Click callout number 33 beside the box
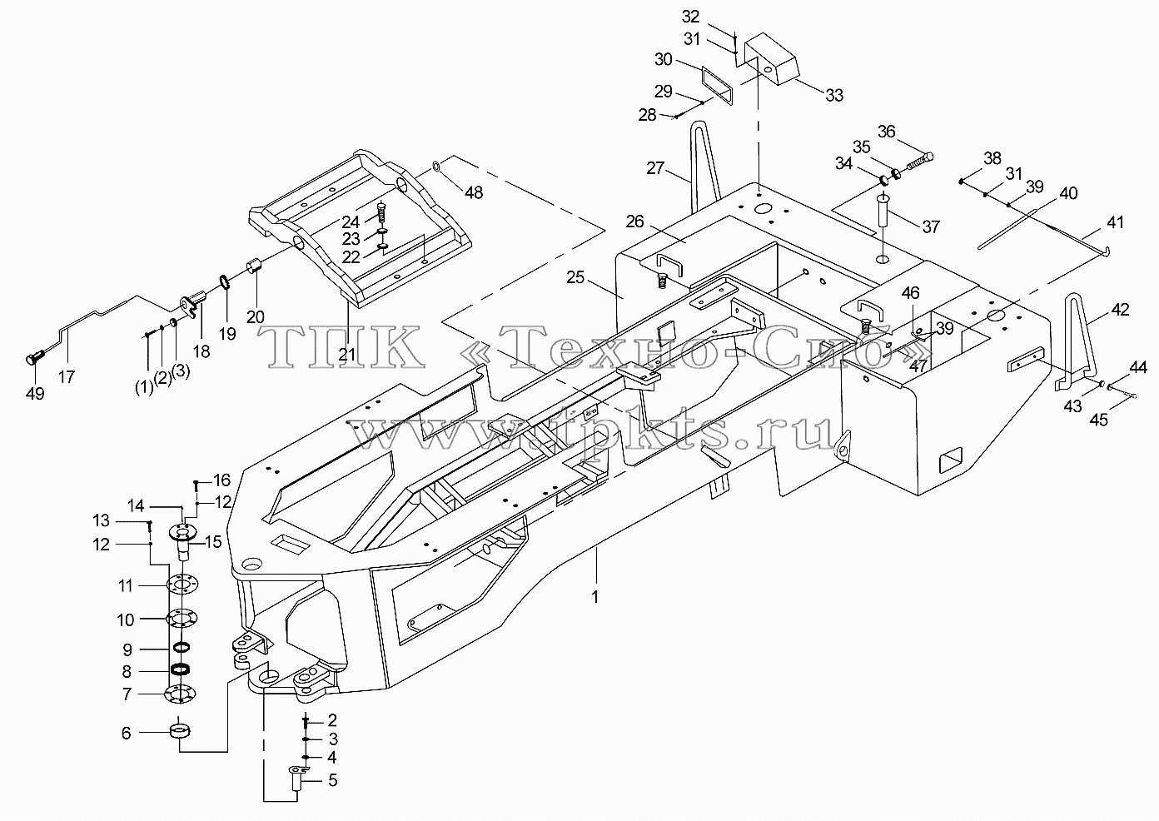834,95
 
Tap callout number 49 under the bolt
35,393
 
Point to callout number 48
474,192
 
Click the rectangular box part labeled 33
771,58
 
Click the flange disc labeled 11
182,585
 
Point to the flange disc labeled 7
180,694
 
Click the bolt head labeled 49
34,358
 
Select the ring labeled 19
226,283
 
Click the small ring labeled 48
436,167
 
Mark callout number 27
655,168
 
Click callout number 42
1120,310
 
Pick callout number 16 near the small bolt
222,480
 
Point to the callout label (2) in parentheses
162,378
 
